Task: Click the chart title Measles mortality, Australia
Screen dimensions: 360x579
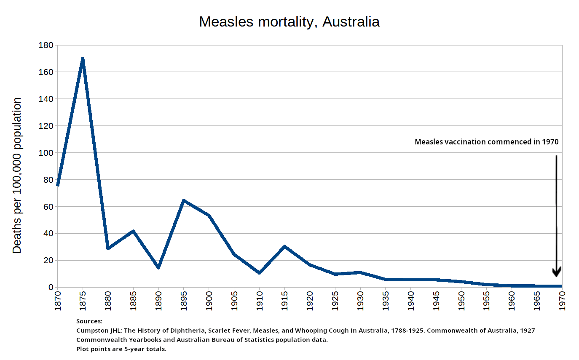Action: [x=289, y=21]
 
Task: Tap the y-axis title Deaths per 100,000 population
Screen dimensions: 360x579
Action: [x=17, y=175]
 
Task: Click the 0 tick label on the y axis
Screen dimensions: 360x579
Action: [x=51, y=287]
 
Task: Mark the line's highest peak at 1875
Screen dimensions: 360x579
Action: [x=83, y=59]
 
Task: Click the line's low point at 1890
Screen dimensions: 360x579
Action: [x=158, y=267]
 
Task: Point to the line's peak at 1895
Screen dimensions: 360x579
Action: [x=184, y=200]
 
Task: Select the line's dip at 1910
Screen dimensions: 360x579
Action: [x=259, y=273]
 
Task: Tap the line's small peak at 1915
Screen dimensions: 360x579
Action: [x=284, y=246]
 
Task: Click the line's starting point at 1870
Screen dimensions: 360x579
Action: [x=57, y=185]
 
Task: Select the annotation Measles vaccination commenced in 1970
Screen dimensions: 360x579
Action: [x=486, y=142]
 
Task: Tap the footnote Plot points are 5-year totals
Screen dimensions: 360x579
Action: [x=121, y=349]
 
